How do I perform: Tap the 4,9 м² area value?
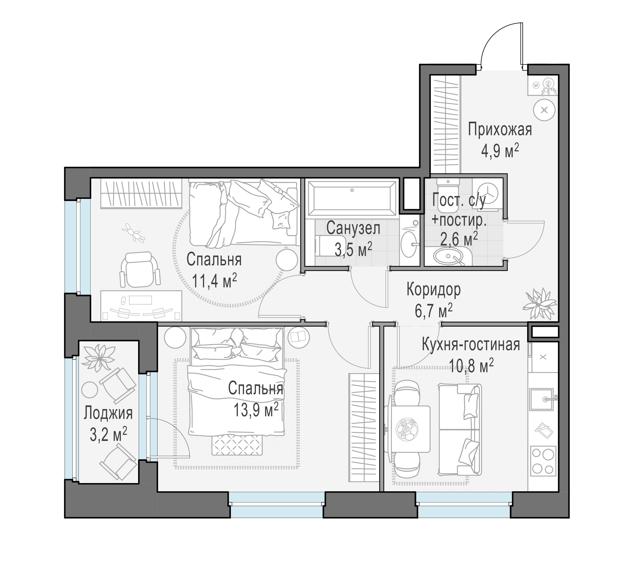[500, 152]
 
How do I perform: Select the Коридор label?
[433, 290]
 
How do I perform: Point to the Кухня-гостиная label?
[471, 345]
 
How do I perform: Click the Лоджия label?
[108, 413]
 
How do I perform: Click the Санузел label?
[353, 228]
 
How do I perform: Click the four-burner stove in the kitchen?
[543, 461]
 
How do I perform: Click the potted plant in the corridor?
[538, 303]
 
